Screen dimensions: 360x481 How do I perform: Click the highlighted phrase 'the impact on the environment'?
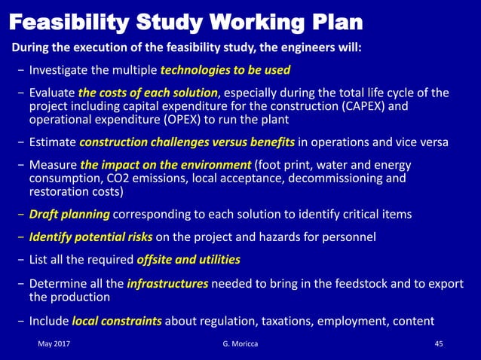pyautogui.click(x=165, y=165)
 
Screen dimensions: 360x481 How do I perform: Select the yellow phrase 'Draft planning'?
pyautogui.click(x=70, y=215)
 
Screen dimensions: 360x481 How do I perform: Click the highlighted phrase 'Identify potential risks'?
pyautogui.click(x=91, y=238)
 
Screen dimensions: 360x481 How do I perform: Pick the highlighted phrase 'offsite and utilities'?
pyautogui.click(x=188, y=261)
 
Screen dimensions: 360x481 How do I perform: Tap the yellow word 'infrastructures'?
pyautogui.click(x=167, y=285)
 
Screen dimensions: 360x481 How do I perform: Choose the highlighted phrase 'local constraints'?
pyautogui.click(x=117, y=321)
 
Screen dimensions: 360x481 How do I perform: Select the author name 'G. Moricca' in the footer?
pyautogui.click(x=231, y=345)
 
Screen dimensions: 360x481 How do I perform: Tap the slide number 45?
pyautogui.click(x=440, y=345)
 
